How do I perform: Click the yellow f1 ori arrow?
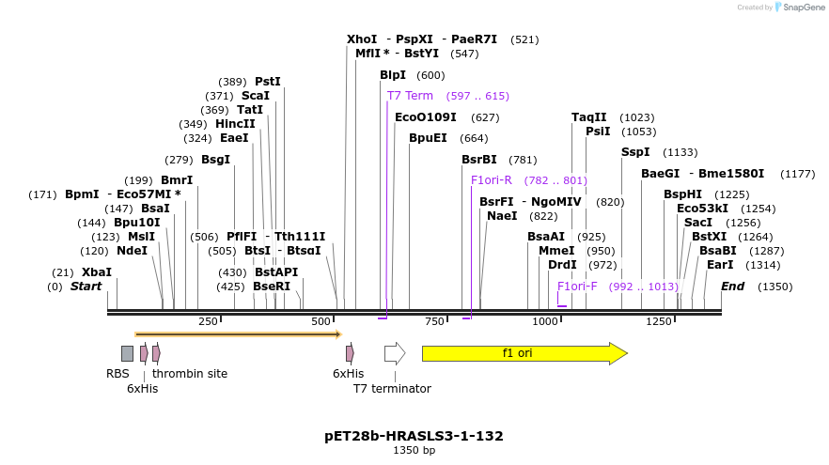524,353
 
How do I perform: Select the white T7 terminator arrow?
394,353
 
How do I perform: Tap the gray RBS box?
127,353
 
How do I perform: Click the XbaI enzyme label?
97,272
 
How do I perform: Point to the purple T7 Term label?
410,96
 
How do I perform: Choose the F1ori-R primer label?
492,180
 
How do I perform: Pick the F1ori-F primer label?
577,287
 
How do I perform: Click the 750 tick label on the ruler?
434,322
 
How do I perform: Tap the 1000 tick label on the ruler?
545,322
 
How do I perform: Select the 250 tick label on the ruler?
208,322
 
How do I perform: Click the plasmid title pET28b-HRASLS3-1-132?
414,436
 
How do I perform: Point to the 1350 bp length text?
414,451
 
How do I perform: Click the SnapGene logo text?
802,8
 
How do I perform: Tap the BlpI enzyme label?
393,75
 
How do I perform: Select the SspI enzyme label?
635,152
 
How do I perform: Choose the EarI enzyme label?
720,265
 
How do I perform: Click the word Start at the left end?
86,287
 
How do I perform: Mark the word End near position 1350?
732,287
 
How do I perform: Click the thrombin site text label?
190,373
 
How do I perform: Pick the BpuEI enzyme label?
428,138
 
